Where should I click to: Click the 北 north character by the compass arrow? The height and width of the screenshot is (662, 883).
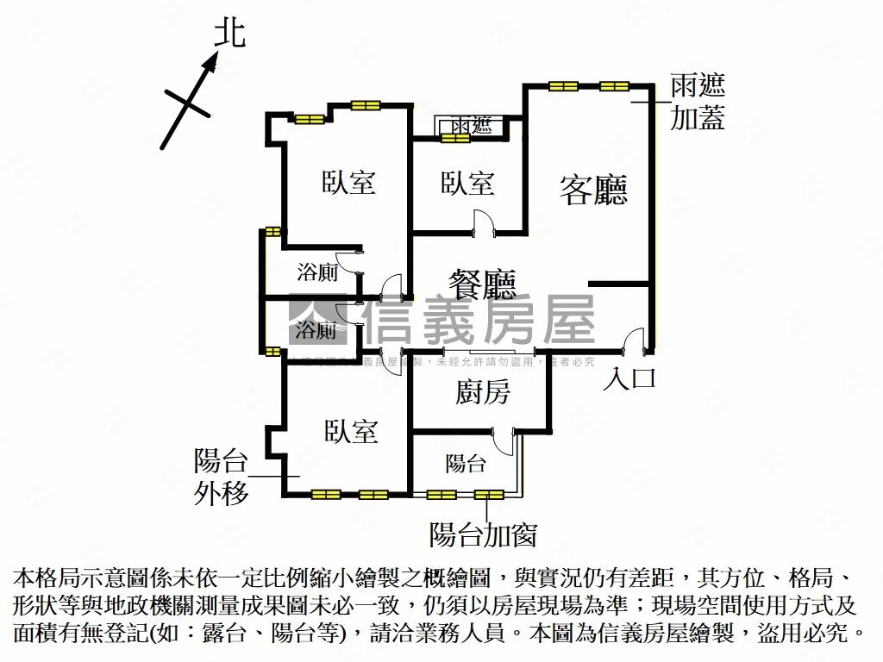point(229,34)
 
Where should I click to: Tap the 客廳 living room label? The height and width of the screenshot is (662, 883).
point(592,190)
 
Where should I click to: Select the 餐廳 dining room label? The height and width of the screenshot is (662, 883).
point(482,284)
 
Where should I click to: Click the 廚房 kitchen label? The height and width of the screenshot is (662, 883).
point(483,393)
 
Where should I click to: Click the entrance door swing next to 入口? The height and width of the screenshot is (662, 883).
point(636,340)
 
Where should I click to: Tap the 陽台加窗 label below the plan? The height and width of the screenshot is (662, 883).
point(483,535)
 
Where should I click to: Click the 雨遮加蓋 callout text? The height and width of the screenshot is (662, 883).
point(698,102)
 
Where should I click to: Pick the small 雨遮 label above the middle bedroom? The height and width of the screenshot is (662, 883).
point(471,126)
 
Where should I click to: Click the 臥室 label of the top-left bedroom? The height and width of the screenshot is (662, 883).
point(348,183)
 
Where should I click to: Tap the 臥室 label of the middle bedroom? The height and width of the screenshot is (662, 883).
point(467,183)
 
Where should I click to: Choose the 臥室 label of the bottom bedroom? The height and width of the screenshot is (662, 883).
point(351,431)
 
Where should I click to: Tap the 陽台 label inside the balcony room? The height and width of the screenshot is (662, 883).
point(466,464)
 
